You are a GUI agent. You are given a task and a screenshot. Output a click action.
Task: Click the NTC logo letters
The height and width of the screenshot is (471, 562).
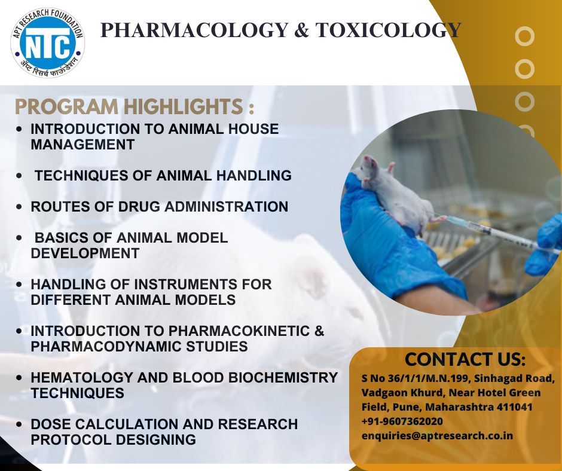point(48,45)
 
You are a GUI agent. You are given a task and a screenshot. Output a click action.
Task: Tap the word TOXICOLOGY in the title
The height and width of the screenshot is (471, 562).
point(388,30)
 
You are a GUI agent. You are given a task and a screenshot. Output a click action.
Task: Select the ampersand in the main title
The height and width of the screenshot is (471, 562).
point(302,30)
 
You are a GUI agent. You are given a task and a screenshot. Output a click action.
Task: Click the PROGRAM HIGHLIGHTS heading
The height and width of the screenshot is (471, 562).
point(135,106)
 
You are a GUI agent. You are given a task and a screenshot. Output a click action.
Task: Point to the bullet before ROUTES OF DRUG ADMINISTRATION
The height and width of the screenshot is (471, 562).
point(19,207)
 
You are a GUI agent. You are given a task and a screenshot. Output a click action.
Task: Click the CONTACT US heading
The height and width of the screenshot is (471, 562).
point(465,359)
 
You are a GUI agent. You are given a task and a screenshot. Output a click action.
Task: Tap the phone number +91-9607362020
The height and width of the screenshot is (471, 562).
point(402,421)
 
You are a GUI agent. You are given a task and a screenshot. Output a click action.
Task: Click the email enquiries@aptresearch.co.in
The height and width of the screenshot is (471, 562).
point(437,436)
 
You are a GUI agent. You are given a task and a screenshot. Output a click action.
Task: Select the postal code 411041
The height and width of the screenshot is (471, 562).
point(514,407)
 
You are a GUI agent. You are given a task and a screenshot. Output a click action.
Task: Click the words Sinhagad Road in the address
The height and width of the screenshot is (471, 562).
point(518,378)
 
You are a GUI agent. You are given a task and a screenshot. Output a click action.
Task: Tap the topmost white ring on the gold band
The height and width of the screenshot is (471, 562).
point(524,37)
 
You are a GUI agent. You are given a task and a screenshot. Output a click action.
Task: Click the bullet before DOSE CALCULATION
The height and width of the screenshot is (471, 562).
point(19,424)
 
